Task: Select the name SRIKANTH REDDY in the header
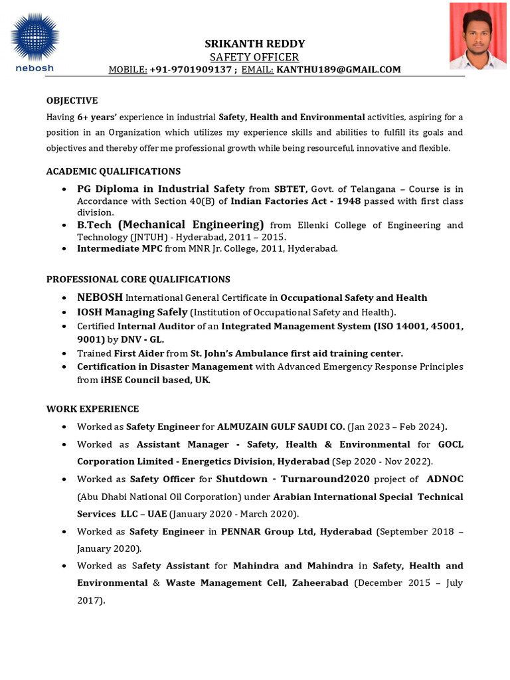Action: click(254, 44)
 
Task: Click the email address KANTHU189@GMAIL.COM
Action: click(339, 69)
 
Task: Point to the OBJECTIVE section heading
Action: click(72, 100)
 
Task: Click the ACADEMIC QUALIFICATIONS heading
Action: click(113, 171)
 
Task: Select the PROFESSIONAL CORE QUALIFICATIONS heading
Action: click(138, 279)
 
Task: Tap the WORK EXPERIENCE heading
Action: click(92, 408)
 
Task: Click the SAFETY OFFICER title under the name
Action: click(254, 57)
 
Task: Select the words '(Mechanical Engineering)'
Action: click(191, 225)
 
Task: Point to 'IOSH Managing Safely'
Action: click(132, 312)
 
